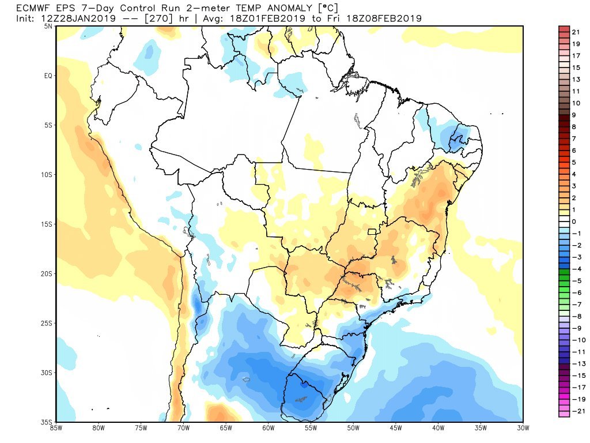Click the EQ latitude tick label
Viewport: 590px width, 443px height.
pyautogui.click(x=48, y=76)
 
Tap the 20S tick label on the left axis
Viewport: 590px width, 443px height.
pyautogui.click(x=47, y=273)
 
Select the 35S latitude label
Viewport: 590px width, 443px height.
pyautogui.click(x=47, y=422)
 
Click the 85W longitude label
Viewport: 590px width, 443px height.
pyautogui.click(x=56, y=429)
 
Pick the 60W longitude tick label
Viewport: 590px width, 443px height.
pyautogui.click(x=268, y=429)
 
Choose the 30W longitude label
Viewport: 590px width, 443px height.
pyautogui.click(x=523, y=429)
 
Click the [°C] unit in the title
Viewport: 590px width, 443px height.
pyautogui.click(x=327, y=8)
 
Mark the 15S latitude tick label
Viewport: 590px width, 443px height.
pyautogui.click(x=47, y=224)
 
